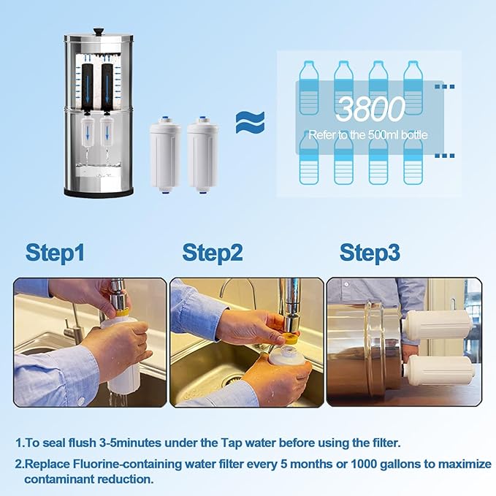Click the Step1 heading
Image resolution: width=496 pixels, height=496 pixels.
click(56, 253)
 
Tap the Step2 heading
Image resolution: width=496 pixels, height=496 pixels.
click(212, 253)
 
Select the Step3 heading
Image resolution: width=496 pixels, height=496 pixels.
click(370, 253)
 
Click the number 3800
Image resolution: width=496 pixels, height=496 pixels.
click(370, 109)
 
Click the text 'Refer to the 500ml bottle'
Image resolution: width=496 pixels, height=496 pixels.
click(367, 134)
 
